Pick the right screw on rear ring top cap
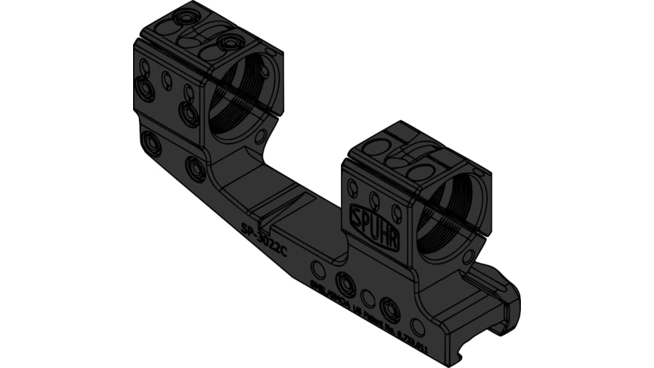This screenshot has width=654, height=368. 231,43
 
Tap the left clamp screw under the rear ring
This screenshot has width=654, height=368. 150,143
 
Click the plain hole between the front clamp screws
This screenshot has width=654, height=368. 367,296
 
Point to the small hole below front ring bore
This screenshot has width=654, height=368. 469,256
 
